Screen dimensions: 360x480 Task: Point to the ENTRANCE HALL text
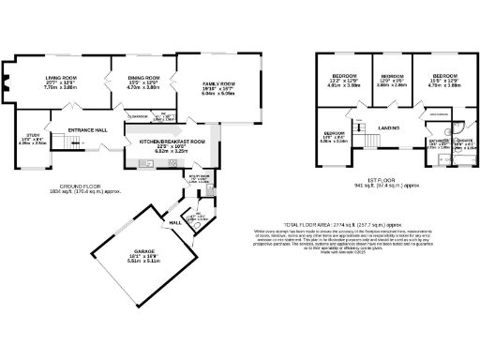87,129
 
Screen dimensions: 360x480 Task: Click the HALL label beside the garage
175,222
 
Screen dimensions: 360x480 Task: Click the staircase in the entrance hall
63,141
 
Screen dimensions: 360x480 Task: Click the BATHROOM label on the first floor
438,143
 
